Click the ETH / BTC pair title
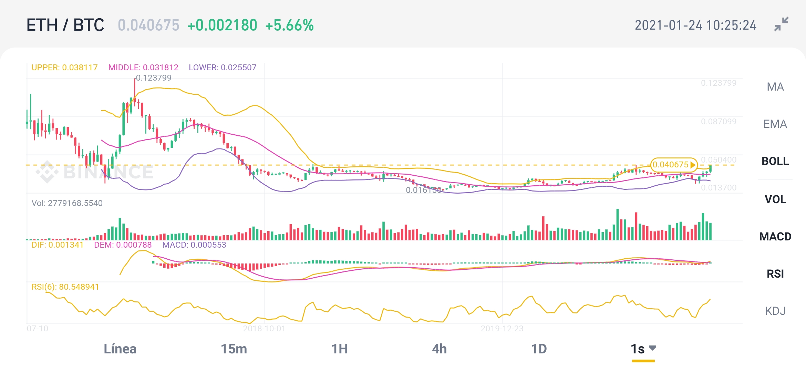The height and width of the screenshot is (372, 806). tap(65, 25)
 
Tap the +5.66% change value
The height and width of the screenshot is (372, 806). tap(289, 25)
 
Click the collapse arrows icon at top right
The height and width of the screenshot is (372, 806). tap(781, 24)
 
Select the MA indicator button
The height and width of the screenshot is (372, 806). tap(775, 87)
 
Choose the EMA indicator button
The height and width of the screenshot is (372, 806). tap(775, 124)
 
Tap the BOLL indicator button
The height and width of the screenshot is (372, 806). tap(775, 161)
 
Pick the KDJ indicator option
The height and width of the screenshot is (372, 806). tap(775, 311)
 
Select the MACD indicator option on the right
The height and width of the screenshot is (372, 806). tap(775, 237)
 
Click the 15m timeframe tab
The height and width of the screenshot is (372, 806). tap(234, 349)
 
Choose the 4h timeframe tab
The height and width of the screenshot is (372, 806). tap(439, 349)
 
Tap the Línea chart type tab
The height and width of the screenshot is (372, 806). tap(120, 349)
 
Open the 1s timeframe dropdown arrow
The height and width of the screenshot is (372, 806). tap(652, 348)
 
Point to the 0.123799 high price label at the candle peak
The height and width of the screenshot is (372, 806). tap(154, 78)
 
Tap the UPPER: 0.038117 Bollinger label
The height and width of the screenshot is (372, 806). tap(64, 68)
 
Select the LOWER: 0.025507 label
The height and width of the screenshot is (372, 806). tap(223, 68)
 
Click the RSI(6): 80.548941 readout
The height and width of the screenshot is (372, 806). tap(65, 287)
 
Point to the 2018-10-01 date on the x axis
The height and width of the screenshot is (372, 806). tap(264, 329)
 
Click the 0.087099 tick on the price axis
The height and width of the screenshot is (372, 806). tap(719, 122)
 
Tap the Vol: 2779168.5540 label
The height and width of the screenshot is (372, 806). tap(67, 203)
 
